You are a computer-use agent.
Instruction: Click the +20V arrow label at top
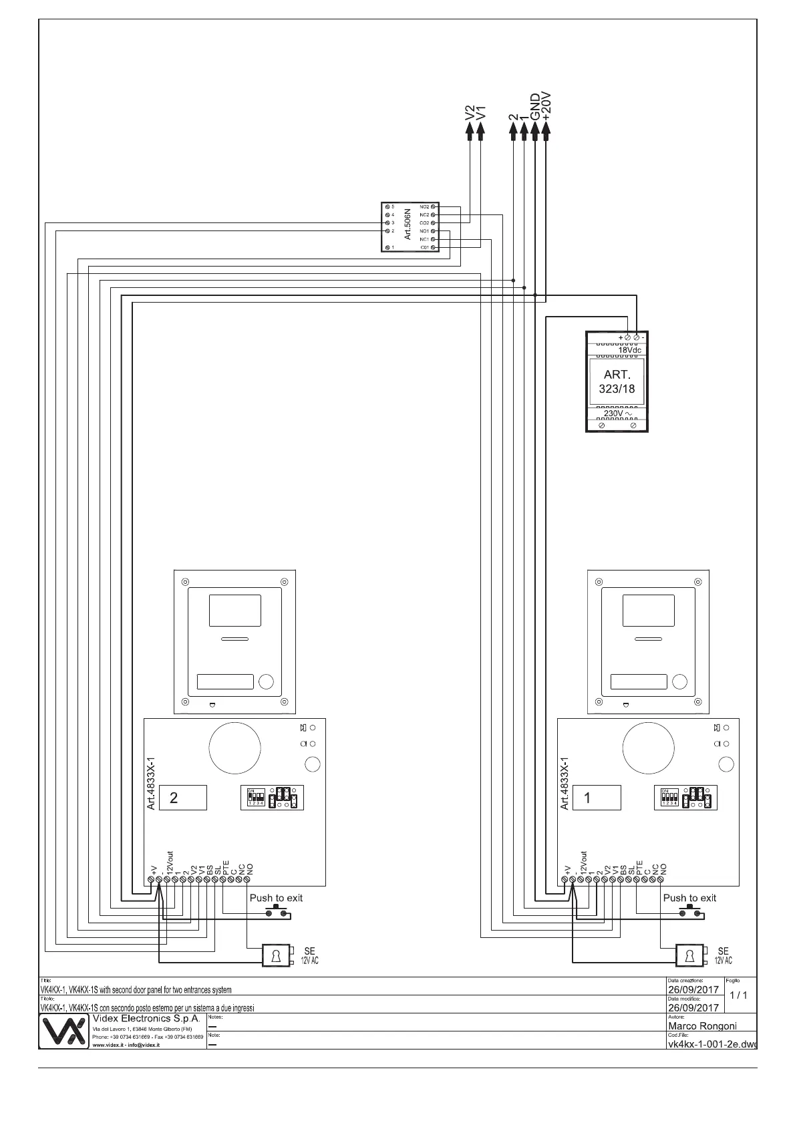click(546, 106)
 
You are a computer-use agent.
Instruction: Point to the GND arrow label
click(535, 106)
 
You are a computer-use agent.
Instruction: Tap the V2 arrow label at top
click(470, 113)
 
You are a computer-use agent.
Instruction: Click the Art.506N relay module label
click(408, 226)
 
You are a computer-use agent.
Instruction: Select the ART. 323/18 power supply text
click(617, 381)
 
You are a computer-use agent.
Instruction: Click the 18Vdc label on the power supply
click(629, 350)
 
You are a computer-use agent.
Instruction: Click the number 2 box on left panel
click(182, 798)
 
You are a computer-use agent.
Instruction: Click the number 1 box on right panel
click(596, 798)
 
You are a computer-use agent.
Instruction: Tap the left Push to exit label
click(276, 898)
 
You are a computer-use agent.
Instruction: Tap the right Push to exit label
click(689, 898)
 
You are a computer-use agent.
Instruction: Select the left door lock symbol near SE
click(275, 955)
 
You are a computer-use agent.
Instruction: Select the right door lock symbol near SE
click(689, 955)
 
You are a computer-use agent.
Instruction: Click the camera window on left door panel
click(234, 610)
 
